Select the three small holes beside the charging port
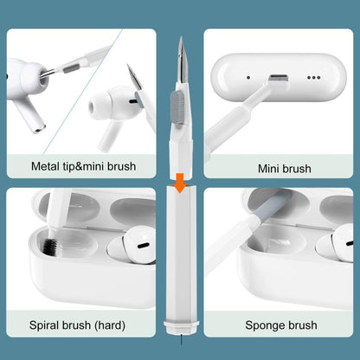click(x=312, y=76)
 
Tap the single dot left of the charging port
click(x=247, y=77)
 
